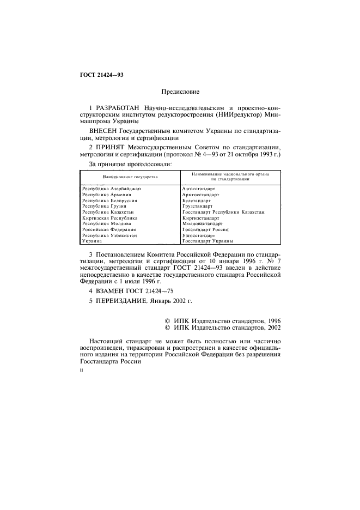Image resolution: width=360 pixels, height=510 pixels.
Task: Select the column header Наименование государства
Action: pyautogui.click(x=130, y=178)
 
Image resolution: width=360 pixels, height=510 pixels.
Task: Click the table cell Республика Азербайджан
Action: pyautogui.click(x=111, y=188)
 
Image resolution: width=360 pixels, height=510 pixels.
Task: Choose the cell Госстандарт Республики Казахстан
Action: pyautogui.click(x=223, y=212)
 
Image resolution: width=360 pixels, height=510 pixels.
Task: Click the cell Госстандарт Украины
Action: pyautogui.click(x=208, y=241)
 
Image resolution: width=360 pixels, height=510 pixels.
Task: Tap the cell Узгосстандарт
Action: pyautogui.click(x=199, y=235)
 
